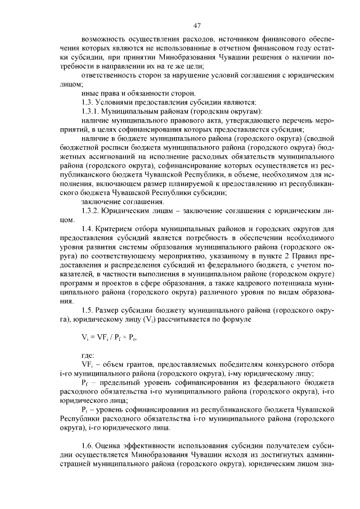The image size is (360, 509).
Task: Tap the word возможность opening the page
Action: coord(102,40)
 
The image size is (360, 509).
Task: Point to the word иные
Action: coord(90,92)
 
